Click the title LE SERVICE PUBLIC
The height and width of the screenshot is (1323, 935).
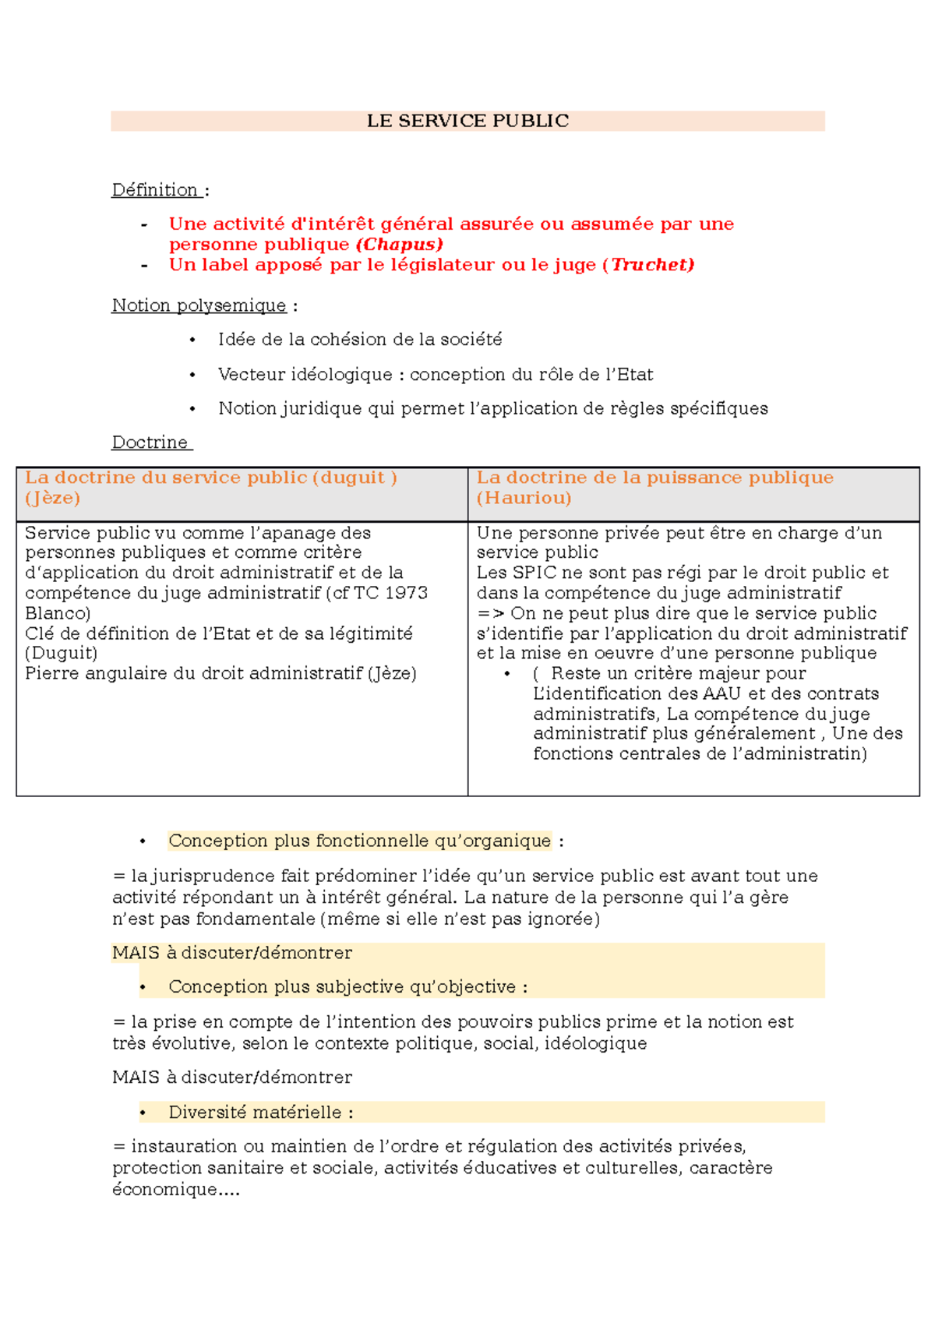[467, 121]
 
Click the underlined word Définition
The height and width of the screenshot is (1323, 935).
[155, 190]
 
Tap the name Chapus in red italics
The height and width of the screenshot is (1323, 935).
[400, 245]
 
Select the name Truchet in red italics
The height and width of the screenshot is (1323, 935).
[651, 265]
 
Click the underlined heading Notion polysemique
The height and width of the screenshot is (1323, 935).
[199, 305]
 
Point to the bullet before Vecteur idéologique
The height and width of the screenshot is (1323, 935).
[192, 376]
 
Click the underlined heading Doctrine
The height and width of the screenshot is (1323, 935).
[150, 443]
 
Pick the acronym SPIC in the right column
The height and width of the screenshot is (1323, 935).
[531, 573]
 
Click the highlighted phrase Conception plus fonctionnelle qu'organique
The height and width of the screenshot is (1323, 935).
[359, 841]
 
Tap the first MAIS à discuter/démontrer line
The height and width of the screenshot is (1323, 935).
[232, 953]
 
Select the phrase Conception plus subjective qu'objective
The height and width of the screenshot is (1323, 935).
[342, 987]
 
